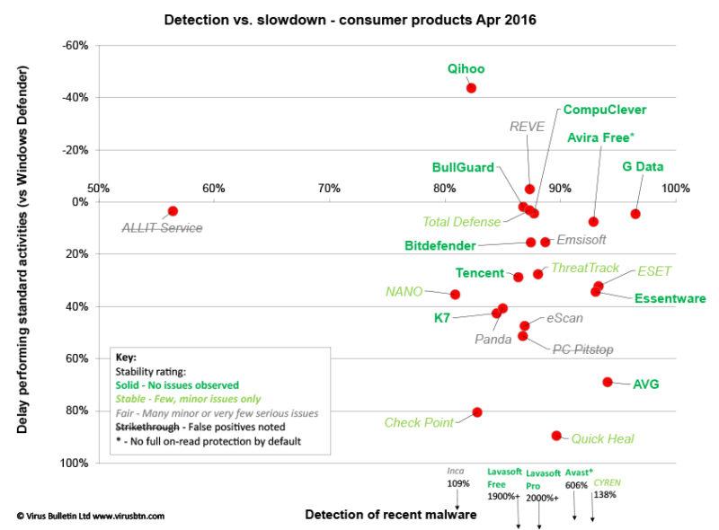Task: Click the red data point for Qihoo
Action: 471,88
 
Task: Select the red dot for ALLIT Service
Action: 173,211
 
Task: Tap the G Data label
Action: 643,167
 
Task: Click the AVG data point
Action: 608,382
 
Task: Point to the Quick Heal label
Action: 602,439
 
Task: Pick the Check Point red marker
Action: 477,412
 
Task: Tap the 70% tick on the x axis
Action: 329,188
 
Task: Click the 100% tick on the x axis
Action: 675,188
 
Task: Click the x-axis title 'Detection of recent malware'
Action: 390,515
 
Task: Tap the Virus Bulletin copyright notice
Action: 90,517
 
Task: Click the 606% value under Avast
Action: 576,485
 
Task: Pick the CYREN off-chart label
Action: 607,482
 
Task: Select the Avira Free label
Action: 601,137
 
